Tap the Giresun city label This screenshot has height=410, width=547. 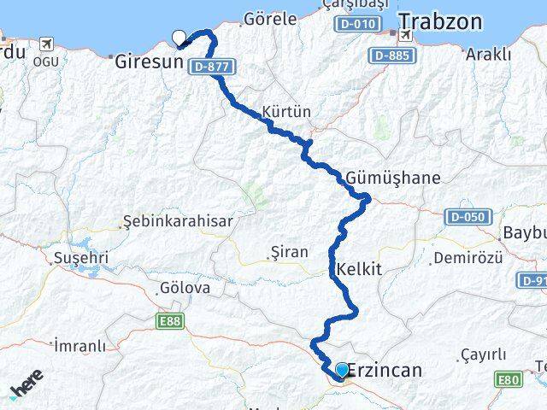[150, 61]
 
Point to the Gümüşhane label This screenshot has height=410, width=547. [394, 179]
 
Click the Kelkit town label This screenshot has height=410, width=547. [360, 269]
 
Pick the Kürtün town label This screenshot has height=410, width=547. [287, 112]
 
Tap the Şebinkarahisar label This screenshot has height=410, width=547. [178, 221]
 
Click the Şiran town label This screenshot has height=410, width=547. [285, 252]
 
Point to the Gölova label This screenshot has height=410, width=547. [184, 288]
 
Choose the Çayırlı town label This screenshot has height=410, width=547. [484, 354]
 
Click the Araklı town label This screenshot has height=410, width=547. [488, 54]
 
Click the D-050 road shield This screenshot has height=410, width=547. [469, 217]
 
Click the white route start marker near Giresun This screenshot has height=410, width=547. [179, 37]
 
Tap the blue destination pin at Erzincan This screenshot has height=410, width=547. [342, 369]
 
